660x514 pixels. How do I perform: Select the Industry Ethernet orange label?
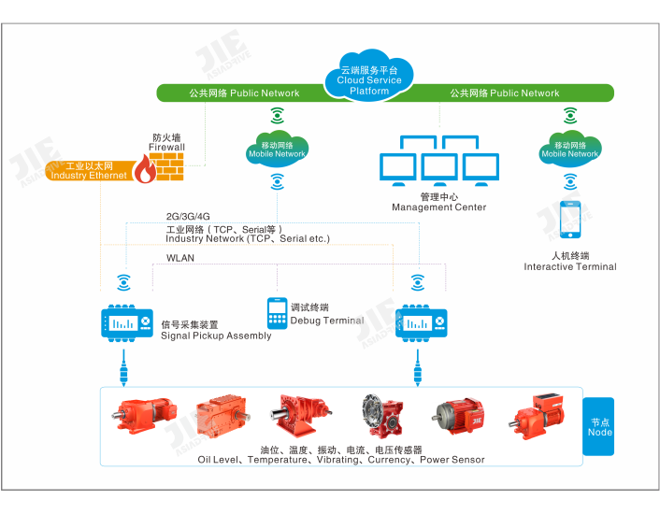(x=88, y=171)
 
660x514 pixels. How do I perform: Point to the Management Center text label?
(x=438, y=207)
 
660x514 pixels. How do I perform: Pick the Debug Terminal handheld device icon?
(x=277, y=312)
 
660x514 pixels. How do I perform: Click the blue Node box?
(x=599, y=426)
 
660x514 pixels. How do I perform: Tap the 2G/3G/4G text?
(x=189, y=217)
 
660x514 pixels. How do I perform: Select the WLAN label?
(x=180, y=258)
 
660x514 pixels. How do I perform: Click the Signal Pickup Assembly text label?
(x=216, y=336)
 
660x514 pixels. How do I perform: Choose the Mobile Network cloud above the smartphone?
(x=569, y=150)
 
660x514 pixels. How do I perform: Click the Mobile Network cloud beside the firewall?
(x=277, y=150)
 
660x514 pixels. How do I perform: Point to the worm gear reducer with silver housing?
(x=382, y=418)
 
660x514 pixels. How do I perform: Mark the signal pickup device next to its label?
(x=124, y=322)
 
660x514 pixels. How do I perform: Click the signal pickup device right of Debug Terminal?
(x=418, y=322)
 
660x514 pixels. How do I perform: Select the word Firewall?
(x=168, y=148)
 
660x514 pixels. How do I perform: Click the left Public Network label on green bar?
(x=244, y=93)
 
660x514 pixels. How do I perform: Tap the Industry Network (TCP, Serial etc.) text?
(x=248, y=239)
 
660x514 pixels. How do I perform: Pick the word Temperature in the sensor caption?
(x=281, y=460)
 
